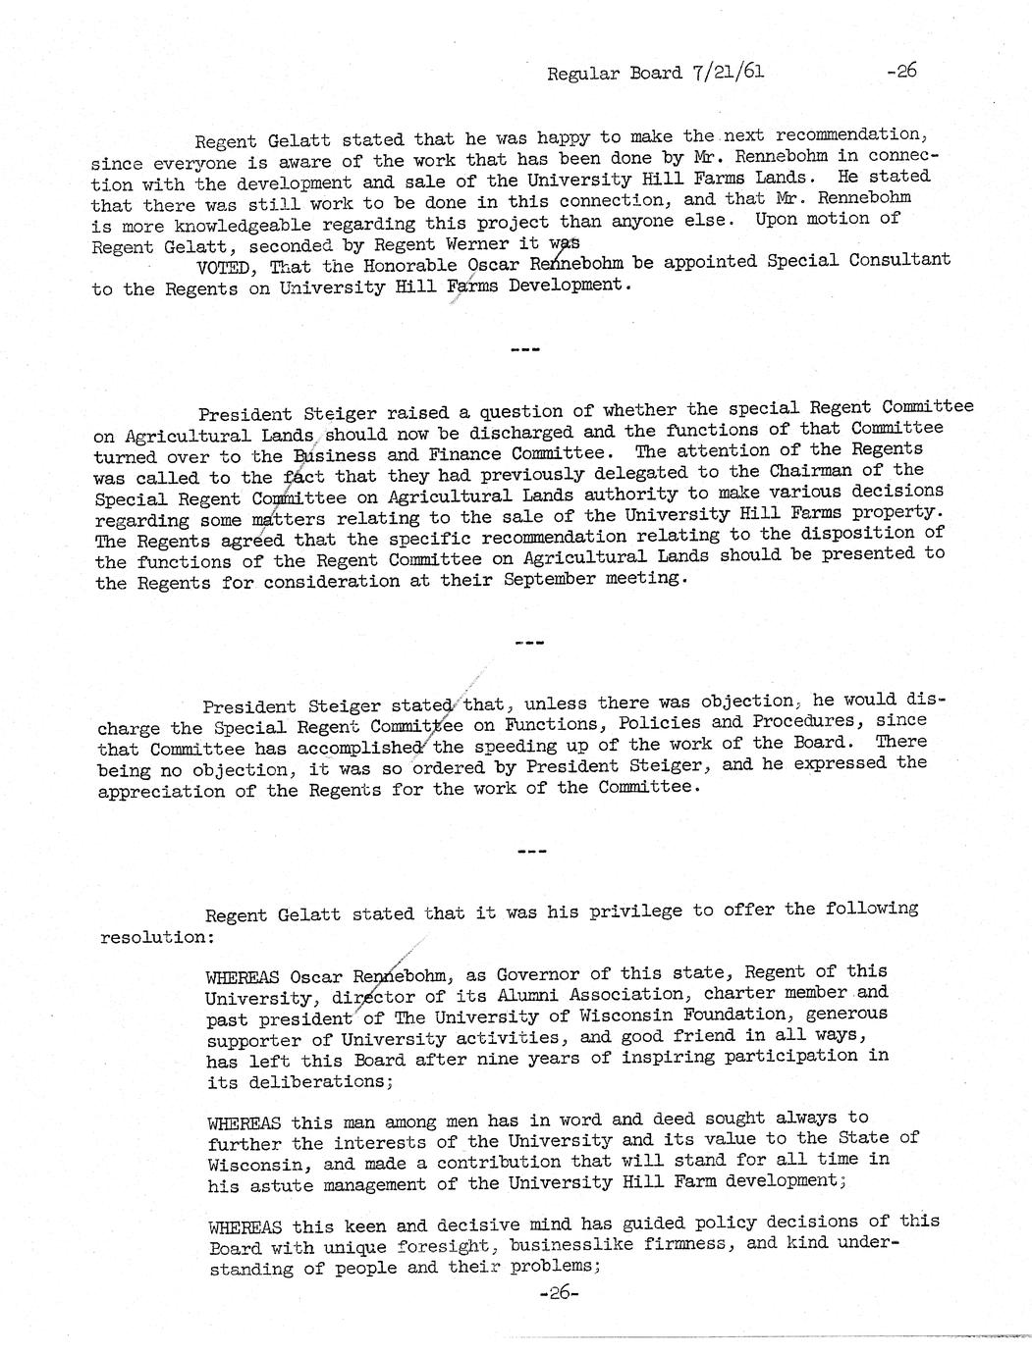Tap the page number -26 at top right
[898, 71]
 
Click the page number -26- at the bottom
[560, 1293]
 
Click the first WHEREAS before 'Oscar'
[244, 977]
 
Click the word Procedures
[776, 724]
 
